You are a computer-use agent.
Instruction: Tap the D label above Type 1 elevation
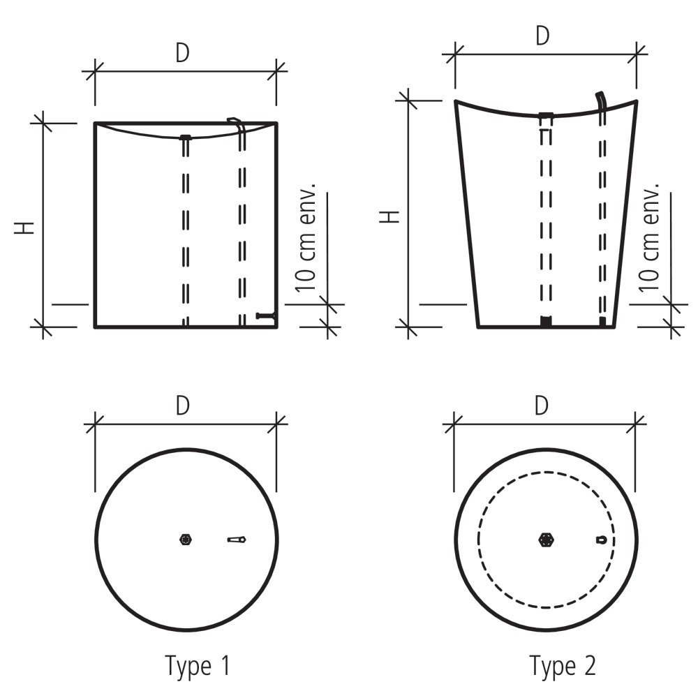pos(183,54)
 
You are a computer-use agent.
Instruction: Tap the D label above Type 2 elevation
pos(542,36)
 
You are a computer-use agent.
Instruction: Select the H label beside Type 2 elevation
pos(391,216)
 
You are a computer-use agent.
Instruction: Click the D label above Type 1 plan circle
pos(183,406)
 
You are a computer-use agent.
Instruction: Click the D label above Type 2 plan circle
pos(542,406)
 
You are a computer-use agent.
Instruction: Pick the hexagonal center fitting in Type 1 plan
pos(186,540)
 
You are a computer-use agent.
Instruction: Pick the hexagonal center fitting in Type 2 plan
pos(546,540)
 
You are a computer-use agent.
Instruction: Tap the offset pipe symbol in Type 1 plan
pos(237,540)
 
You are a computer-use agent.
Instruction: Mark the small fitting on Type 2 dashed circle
pos(601,540)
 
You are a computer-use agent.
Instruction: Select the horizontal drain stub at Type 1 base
pos(265,316)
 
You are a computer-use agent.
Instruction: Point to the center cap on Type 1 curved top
pos(186,137)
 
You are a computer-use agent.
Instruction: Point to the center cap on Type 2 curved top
pos(546,114)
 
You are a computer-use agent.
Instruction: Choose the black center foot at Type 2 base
pos(546,321)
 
